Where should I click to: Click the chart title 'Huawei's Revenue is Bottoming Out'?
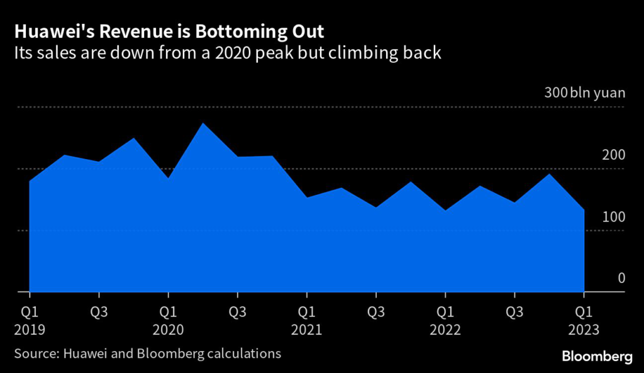(169, 31)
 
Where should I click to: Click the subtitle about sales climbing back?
(228, 53)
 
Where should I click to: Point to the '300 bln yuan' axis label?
(585, 94)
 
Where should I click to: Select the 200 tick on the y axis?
(614, 155)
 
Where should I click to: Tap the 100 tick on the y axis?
(614, 217)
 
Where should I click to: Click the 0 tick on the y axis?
(621, 278)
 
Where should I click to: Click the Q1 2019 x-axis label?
(29, 320)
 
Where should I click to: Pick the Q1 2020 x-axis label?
(167, 320)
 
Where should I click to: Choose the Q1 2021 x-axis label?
(306, 320)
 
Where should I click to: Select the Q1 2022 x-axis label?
(445, 320)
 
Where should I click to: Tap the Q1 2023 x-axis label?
(584, 320)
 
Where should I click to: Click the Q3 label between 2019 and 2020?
(99, 311)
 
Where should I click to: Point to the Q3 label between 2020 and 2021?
(237, 311)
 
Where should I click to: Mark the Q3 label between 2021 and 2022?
(376, 311)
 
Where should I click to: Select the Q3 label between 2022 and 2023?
(514, 311)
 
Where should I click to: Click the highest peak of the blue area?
(203, 123)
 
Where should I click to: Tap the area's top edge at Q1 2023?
(584, 209)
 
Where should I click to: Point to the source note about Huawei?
(148, 354)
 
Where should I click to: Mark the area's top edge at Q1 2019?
(30, 182)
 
